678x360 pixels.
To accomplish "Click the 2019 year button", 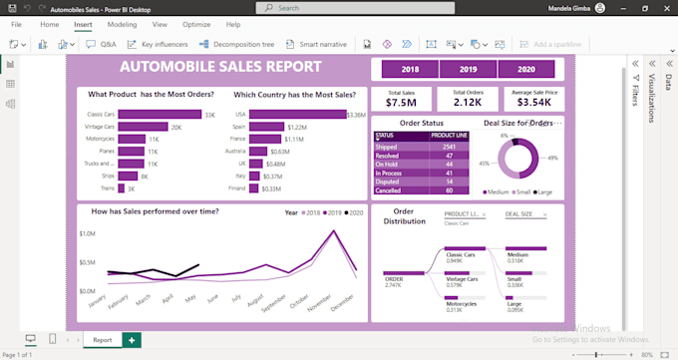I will point(468,70).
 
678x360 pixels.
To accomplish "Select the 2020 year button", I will point(526,70).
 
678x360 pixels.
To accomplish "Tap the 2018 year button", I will point(409,70).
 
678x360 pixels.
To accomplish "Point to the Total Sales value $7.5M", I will point(401,102).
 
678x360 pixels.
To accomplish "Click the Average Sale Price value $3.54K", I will point(534,102).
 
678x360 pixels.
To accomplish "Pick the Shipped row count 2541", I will point(448,147).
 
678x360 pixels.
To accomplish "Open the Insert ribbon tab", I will point(83,23).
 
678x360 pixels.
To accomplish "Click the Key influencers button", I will point(160,44).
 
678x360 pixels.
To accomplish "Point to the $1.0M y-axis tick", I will point(86,233).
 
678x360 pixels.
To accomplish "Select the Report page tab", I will point(103,339).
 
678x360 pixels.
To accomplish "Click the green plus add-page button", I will point(132,339).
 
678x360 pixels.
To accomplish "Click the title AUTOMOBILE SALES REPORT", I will point(220,67).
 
